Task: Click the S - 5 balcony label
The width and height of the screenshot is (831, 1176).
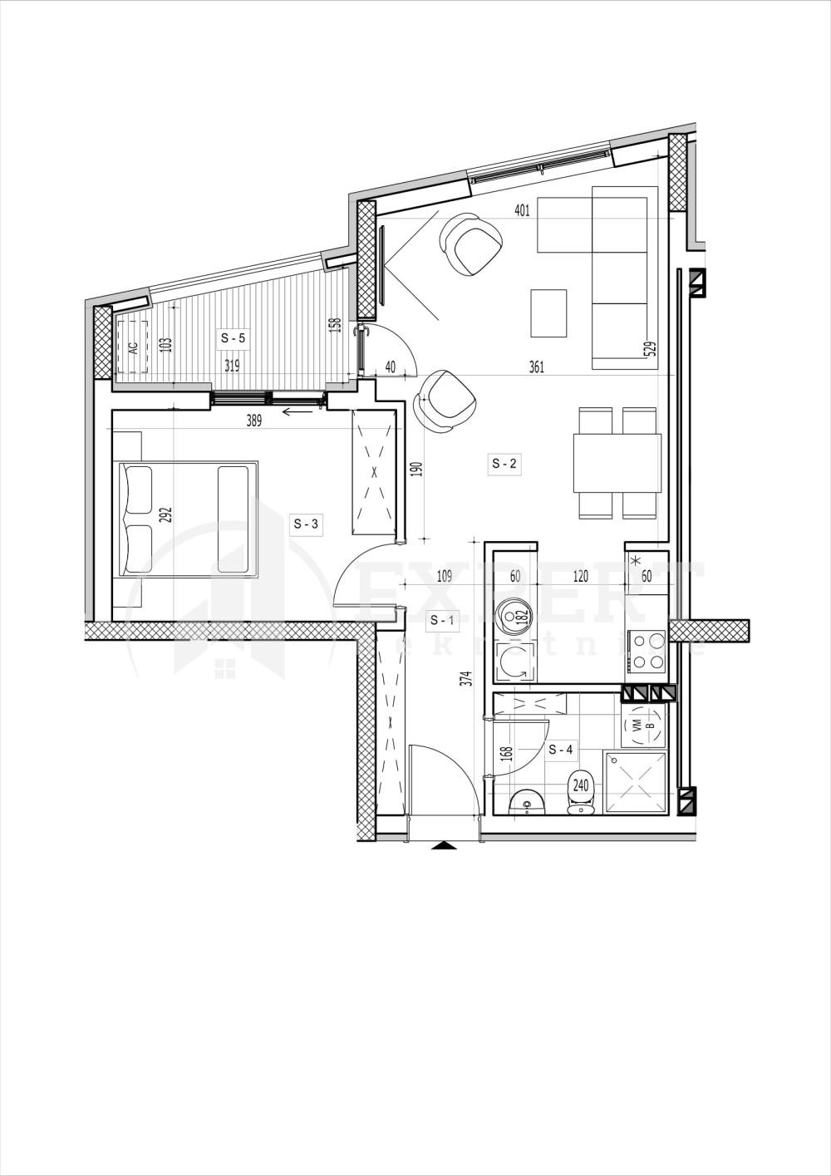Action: coord(233,338)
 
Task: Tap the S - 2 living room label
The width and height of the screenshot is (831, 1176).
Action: coord(504,464)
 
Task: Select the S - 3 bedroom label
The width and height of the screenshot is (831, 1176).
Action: coord(305,524)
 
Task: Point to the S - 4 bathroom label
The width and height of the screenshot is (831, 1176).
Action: coord(561,750)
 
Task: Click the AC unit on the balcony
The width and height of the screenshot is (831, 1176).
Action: coord(132,347)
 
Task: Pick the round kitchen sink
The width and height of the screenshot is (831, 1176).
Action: coord(514,616)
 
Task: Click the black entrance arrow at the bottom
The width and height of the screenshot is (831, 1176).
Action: coord(445,846)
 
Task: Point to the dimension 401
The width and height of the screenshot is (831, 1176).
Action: coord(522,210)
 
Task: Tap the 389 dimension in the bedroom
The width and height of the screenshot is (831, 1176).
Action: coord(253,421)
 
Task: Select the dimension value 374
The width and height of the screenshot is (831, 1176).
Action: coord(466,679)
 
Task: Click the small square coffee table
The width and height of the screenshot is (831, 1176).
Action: coord(548,312)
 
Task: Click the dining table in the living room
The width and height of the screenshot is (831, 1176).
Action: coord(617,463)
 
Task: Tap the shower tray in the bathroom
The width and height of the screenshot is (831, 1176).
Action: coord(635,783)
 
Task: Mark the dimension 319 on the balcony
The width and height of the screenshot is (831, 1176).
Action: coord(232,365)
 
